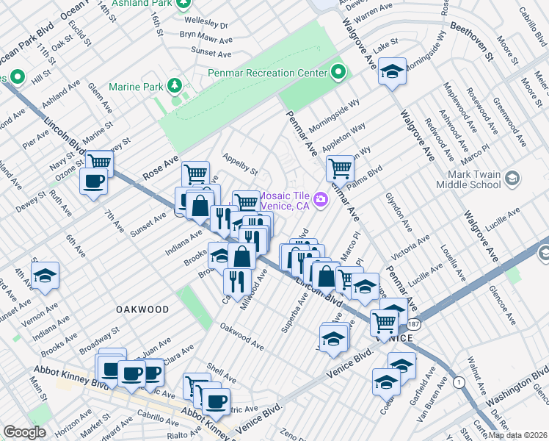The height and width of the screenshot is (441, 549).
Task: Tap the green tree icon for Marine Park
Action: pyautogui.click(x=175, y=86)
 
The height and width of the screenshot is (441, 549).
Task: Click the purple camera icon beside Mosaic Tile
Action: pyautogui.click(x=321, y=199)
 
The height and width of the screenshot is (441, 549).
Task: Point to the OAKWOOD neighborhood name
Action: pyautogui.click(x=142, y=310)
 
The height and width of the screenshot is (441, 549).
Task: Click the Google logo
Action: pyautogui.click(x=24, y=432)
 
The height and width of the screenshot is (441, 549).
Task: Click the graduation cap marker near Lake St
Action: pyautogui.click(x=393, y=71)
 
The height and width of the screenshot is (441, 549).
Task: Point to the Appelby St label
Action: pyautogui.click(x=240, y=165)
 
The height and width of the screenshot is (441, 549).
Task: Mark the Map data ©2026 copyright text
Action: pyautogui.click(x=517, y=434)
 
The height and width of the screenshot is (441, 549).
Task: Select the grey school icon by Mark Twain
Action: pyautogui.click(x=512, y=179)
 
